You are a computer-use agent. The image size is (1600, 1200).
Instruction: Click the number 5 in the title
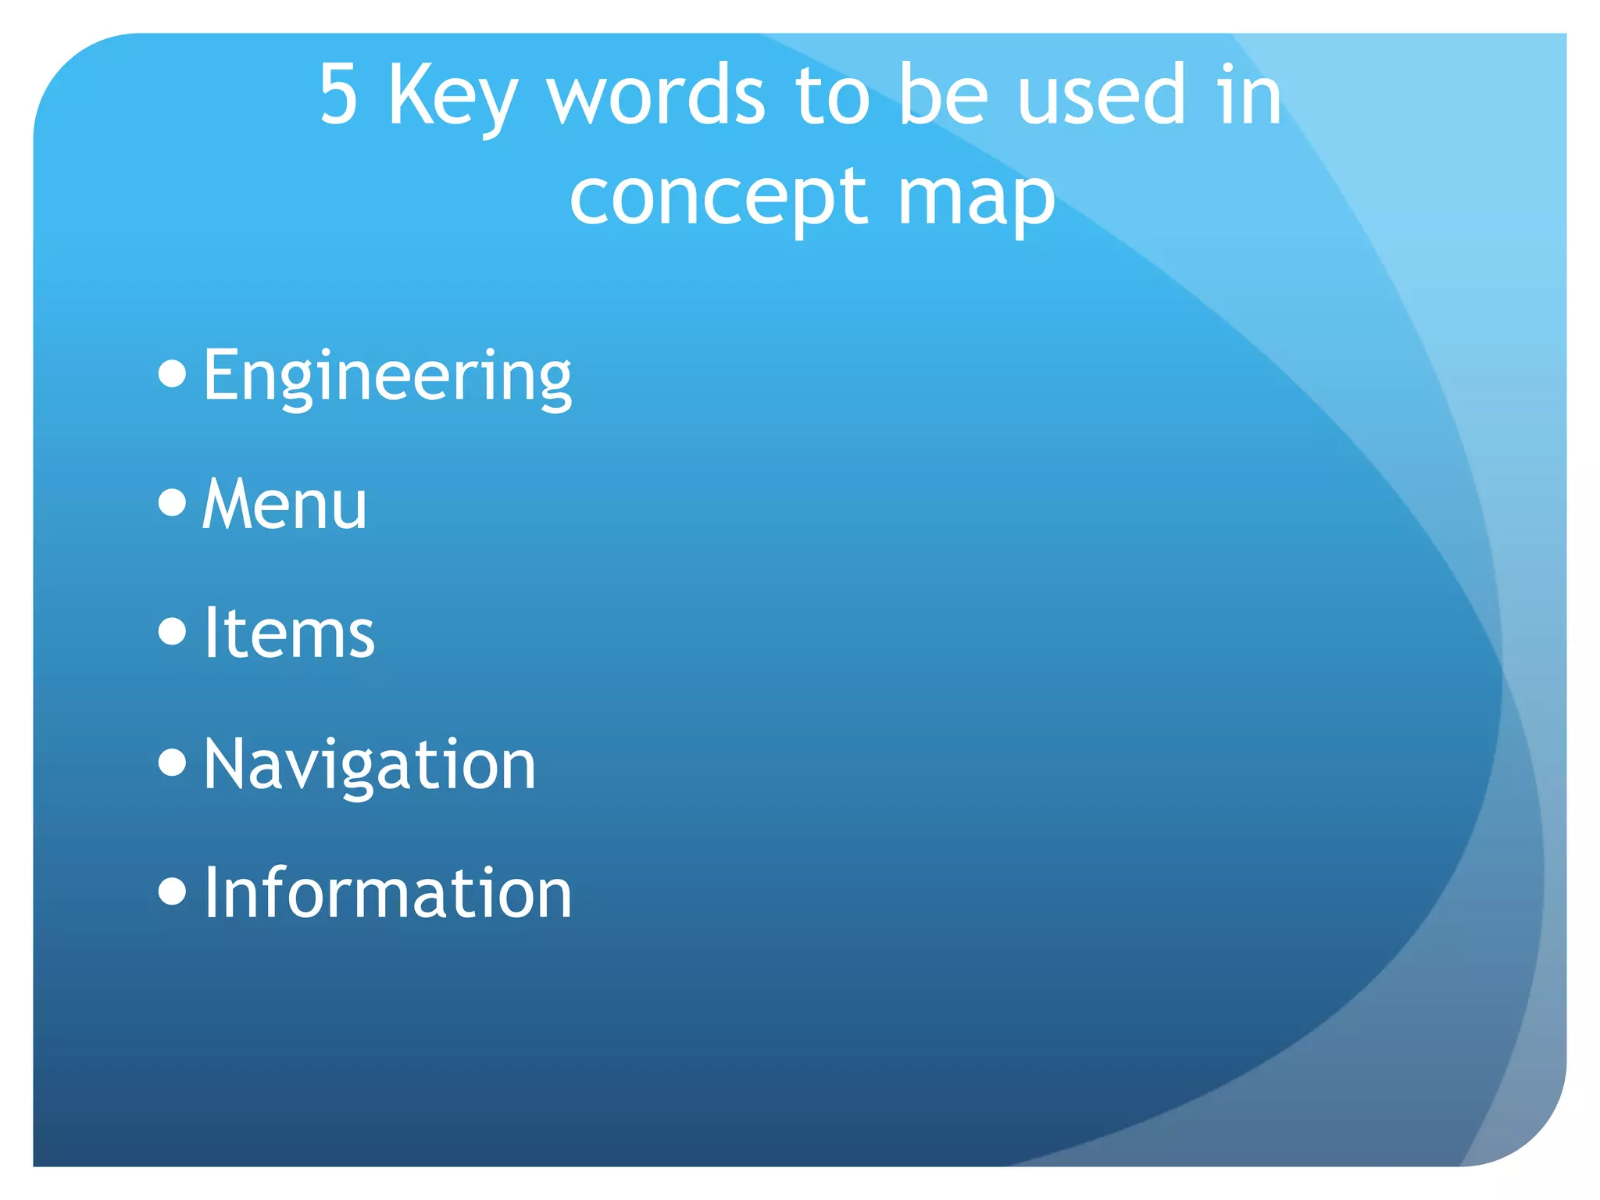(x=339, y=95)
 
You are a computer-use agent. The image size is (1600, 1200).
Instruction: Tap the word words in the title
(x=655, y=95)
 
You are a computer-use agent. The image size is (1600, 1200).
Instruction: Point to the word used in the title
(x=1101, y=95)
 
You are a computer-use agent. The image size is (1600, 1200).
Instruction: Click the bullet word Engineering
(x=387, y=377)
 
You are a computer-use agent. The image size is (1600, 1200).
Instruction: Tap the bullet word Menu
(x=284, y=505)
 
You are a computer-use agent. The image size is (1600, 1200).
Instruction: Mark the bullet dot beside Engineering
(x=172, y=373)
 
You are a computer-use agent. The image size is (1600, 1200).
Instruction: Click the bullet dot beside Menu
(x=172, y=502)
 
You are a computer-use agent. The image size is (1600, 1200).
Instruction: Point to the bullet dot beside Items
(x=172, y=631)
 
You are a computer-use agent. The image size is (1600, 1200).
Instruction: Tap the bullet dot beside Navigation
(x=172, y=762)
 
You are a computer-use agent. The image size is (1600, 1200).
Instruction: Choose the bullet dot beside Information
(x=172, y=891)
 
